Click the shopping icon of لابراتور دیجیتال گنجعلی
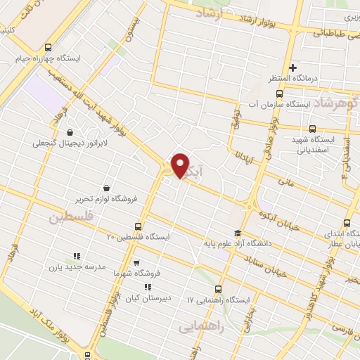click(69, 132)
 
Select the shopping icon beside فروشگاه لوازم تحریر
click(105, 188)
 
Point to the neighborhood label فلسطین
click(70, 217)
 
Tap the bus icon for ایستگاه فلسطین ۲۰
click(137, 227)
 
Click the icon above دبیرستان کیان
click(147, 287)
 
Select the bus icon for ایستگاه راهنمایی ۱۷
click(217, 289)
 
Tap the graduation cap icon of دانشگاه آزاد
click(238, 233)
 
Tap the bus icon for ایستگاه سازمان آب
click(280, 94)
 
